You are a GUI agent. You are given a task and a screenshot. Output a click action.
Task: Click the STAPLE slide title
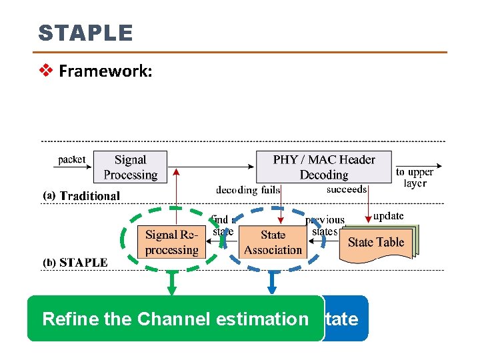tap(85, 33)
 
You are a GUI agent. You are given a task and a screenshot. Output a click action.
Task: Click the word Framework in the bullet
tap(105, 71)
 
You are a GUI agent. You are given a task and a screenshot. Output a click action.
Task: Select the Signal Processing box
tap(130, 167)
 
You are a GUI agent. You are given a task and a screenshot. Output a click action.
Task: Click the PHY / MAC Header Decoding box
tap(324, 167)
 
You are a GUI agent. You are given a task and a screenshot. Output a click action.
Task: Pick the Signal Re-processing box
tap(171, 243)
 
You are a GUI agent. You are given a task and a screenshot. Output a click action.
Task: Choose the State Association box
tap(273, 243)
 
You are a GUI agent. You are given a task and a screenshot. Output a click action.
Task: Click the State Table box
tap(376, 243)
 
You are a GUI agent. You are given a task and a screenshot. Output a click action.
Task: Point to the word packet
tap(71, 160)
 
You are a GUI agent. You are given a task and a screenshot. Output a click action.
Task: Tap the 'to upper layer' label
tap(415, 177)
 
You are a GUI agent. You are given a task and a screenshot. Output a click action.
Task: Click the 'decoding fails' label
tap(248, 190)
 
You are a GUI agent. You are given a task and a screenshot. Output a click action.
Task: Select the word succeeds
tap(347, 189)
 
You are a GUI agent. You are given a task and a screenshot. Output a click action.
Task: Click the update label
tap(388, 216)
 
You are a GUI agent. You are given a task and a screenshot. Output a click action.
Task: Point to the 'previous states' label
tap(325, 225)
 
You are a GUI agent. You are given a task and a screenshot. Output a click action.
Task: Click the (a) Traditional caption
tap(82, 196)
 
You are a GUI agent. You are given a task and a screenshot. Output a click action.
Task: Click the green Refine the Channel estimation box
tap(175, 319)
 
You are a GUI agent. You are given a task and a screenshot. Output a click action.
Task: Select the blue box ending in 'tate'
tap(345, 319)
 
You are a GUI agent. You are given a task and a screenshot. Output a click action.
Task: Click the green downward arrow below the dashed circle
tap(171, 285)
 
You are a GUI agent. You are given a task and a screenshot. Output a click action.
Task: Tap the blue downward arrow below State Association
tap(272, 285)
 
